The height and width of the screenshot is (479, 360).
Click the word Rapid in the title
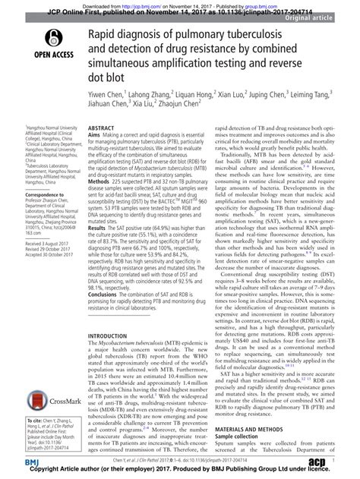coord(105,30)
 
